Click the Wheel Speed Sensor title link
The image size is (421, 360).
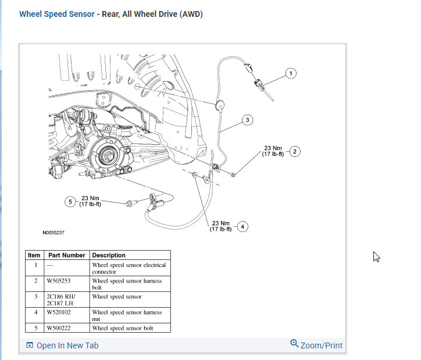(x=56, y=14)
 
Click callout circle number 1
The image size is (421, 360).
(x=291, y=73)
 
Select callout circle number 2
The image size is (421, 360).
(x=295, y=152)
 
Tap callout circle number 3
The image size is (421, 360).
(x=247, y=120)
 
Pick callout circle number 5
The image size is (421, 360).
(x=71, y=202)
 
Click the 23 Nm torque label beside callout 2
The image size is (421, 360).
(x=273, y=151)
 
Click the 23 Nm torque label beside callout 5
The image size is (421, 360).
(x=91, y=201)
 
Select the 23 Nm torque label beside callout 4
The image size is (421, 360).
(x=221, y=226)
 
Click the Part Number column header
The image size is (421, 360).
(x=66, y=255)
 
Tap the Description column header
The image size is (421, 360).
(x=109, y=255)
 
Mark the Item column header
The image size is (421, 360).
(x=34, y=255)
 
